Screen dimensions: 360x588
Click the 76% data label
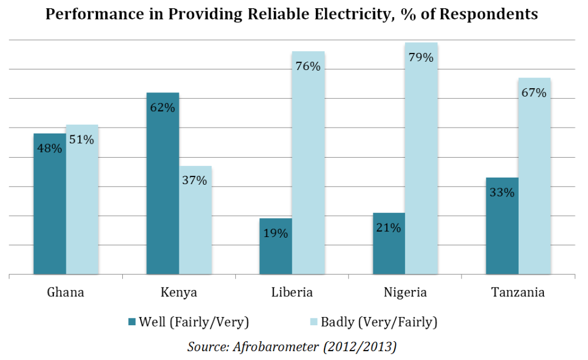[x=308, y=66]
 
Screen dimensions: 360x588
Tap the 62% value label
[x=163, y=108]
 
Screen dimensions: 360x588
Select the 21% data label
[x=389, y=228]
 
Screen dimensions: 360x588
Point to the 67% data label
[x=534, y=93]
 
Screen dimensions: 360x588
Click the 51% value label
[x=82, y=139]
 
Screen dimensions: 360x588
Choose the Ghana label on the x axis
[x=65, y=292]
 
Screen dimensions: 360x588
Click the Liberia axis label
[x=292, y=292]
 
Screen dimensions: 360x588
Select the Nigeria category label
[x=406, y=292]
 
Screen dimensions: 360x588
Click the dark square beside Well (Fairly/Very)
[x=131, y=322]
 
